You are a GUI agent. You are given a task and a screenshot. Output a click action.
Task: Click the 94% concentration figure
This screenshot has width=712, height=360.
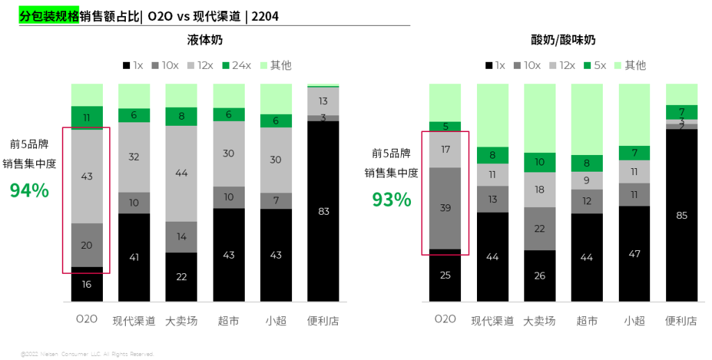coord(29,190)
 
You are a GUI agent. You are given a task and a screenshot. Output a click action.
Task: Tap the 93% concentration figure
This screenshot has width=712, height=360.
coord(391,199)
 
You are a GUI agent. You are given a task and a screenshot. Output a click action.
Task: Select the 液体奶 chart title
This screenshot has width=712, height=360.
coord(205,40)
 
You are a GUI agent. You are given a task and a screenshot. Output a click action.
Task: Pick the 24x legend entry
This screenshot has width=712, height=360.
coord(236,65)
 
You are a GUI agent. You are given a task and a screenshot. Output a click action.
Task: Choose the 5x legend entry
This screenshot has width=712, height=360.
coord(594,65)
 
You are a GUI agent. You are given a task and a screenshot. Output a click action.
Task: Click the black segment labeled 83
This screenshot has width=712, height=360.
coord(323,211)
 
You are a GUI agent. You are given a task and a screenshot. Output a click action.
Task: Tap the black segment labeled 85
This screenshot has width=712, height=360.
coord(681,215)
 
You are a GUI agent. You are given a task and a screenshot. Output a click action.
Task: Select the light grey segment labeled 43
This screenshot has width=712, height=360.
coord(87,177)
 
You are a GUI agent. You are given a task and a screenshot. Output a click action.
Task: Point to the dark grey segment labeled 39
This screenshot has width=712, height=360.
coord(445,208)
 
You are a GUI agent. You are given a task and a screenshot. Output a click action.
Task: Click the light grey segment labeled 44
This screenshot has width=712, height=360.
coord(181,173)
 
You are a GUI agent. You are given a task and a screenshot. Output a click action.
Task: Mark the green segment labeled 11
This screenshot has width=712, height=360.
coord(87,117)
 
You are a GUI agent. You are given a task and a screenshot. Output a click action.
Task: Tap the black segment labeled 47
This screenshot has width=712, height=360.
coord(634,254)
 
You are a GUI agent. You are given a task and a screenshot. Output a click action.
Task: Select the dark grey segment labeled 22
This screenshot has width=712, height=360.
coord(540,229)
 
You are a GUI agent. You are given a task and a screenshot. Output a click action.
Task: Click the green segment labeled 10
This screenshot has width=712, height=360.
coord(540,162)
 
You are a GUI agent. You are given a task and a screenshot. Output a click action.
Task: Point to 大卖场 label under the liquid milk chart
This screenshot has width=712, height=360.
coord(181,321)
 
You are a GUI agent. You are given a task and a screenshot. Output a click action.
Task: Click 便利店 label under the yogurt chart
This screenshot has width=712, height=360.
coord(681,321)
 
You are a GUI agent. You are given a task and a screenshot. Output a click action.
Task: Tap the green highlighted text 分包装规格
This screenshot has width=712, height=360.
coord(49,16)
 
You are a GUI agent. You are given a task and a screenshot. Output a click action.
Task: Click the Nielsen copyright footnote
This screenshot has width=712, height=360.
coord(87,354)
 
